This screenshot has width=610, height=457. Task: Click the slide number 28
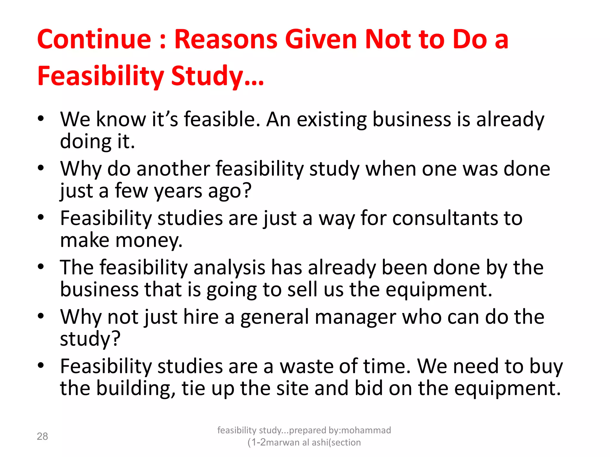click(42, 436)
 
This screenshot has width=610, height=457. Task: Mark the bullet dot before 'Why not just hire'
click(41, 316)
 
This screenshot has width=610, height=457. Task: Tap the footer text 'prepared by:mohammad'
click(340, 430)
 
